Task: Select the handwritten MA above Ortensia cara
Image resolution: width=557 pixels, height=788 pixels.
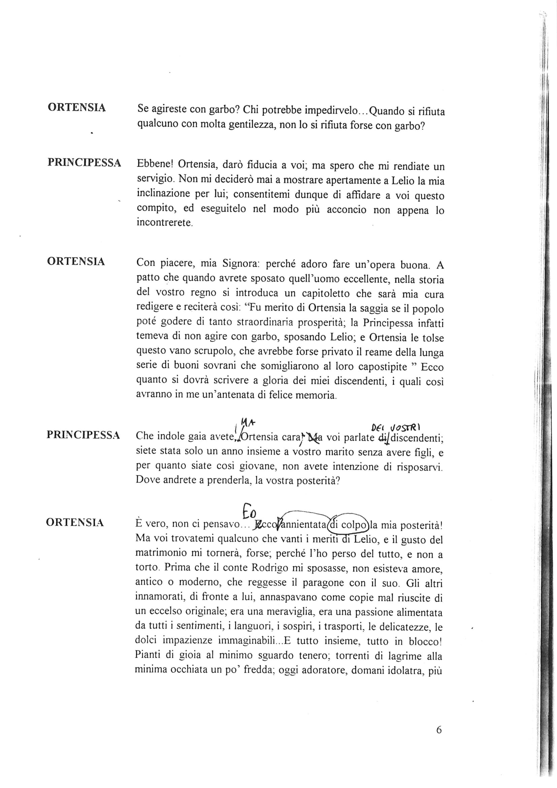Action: pyautogui.click(x=247, y=422)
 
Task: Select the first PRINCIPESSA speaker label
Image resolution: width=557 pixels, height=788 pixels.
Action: pyautogui.click(x=84, y=163)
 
